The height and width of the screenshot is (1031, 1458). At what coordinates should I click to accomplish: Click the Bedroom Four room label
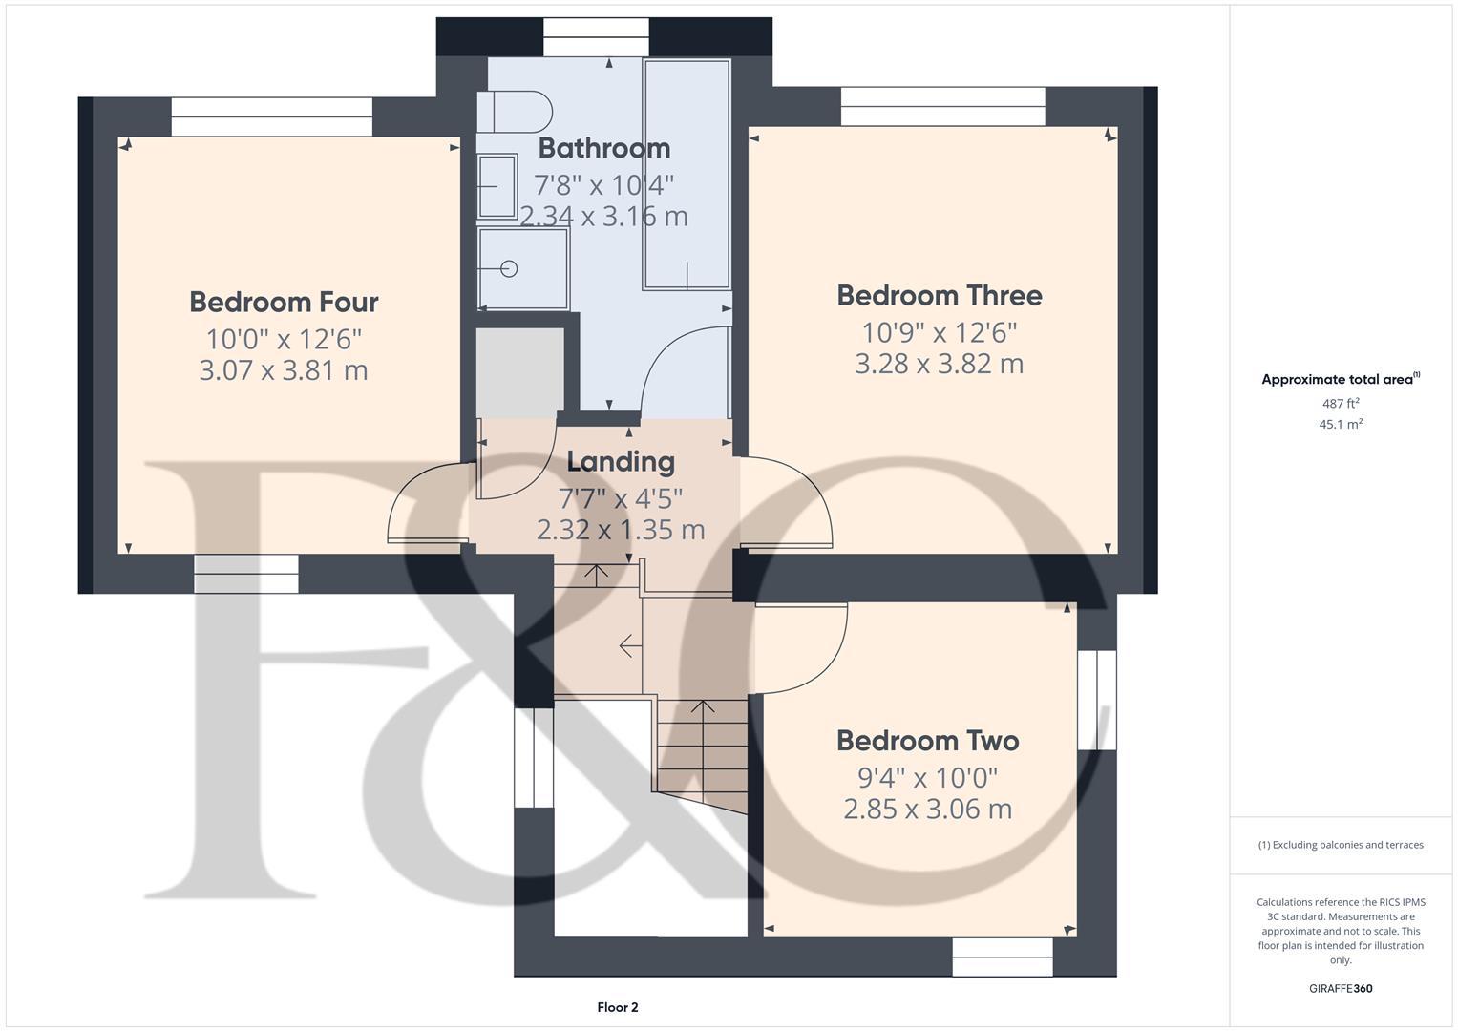pos(284,302)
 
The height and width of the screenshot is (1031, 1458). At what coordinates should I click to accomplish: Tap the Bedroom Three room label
pos(939,295)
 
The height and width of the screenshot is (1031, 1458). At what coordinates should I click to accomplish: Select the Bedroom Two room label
pos(927,740)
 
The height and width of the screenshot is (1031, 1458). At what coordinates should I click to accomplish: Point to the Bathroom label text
pos(604,148)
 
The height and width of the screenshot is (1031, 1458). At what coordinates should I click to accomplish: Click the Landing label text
pos(621,461)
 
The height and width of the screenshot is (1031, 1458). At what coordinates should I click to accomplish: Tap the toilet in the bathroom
pos(516,111)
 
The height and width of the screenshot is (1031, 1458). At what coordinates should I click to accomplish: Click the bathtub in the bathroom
pos(687,174)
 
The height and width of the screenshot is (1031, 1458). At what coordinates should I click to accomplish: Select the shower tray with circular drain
pos(523,268)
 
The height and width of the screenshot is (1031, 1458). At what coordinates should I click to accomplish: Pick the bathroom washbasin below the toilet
pos(497,186)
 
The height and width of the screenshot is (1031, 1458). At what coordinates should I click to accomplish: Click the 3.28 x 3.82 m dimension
pos(939,364)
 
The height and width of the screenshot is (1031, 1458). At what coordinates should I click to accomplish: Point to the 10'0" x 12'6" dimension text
pos(284,339)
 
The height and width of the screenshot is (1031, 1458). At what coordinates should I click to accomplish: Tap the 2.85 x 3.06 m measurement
pos(927,810)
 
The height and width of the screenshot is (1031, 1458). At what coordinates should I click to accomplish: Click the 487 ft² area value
pos(1341,404)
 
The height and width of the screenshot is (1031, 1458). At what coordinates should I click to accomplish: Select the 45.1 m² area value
pos(1341,425)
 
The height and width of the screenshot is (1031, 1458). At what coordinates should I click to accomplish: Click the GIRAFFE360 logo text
pos(1341,988)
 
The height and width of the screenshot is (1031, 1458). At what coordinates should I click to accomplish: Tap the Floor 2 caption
pos(618,1007)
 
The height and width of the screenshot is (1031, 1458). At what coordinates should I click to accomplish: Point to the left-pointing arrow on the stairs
pos(630,646)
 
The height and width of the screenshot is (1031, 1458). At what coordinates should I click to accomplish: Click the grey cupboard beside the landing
pos(519,372)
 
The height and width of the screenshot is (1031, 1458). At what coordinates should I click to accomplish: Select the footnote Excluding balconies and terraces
pos(1341,845)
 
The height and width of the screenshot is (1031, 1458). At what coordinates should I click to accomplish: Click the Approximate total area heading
pos(1339,379)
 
